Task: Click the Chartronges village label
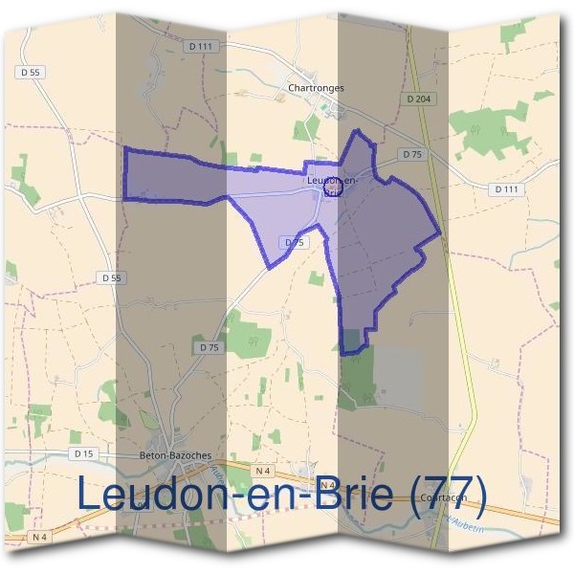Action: pyautogui.click(x=315, y=88)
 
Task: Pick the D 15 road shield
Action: pyautogui.click(x=83, y=453)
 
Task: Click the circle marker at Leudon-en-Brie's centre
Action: pyautogui.click(x=333, y=188)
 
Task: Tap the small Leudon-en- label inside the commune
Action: pyautogui.click(x=332, y=179)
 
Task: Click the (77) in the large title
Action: pyautogui.click(x=449, y=496)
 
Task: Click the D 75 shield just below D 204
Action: pyautogui.click(x=411, y=154)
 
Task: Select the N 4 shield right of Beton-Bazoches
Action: pyautogui.click(x=265, y=471)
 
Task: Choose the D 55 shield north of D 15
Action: pyautogui.click(x=112, y=277)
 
